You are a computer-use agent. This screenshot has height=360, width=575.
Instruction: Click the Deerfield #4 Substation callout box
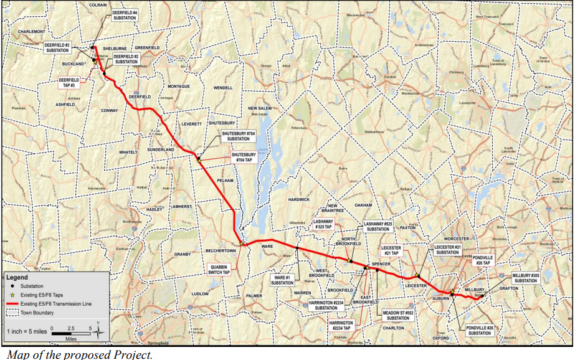coord(125,16)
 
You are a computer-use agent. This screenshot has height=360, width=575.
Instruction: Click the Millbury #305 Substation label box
coord(525,278)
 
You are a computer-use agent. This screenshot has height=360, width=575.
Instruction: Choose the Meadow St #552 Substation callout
coord(397,315)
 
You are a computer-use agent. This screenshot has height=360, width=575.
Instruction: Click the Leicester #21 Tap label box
coord(391,250)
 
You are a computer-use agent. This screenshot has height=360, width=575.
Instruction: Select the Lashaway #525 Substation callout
coord(379,226)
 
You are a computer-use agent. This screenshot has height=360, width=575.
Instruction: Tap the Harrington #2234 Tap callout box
coord(341,326)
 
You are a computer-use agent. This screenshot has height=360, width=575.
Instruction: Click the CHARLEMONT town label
coord(32,31)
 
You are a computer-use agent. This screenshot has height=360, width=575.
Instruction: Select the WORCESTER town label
coord(443,239)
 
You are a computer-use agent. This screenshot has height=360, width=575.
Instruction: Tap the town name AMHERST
coord(183,206)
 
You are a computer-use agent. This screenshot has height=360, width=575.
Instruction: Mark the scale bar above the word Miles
coord(71,333)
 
